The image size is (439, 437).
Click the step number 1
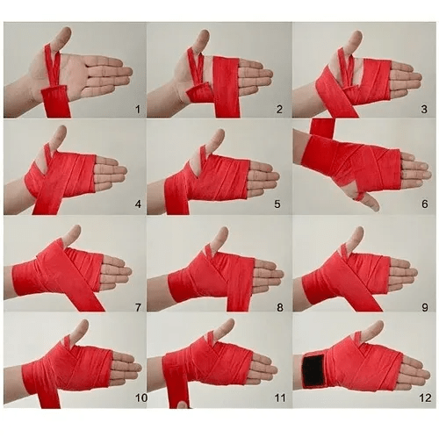(138, 110)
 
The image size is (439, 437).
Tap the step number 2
(279, 110)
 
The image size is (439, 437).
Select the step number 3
(424, 110)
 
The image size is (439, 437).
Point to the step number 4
(138, 204)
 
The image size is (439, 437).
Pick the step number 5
(277, 204)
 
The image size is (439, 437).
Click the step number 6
(425, 204)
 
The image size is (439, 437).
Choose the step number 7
(138, 307)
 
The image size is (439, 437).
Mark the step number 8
(280, 307)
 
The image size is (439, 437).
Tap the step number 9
(425, 307)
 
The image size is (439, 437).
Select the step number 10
(141, 398)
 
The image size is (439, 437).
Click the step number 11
(280, 398)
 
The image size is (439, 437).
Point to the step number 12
(425, 398)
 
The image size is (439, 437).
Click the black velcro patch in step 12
(313, 370)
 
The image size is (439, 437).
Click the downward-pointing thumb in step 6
(368, 202)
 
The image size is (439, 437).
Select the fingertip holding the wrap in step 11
(183, 405)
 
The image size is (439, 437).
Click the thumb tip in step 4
(62, 129)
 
